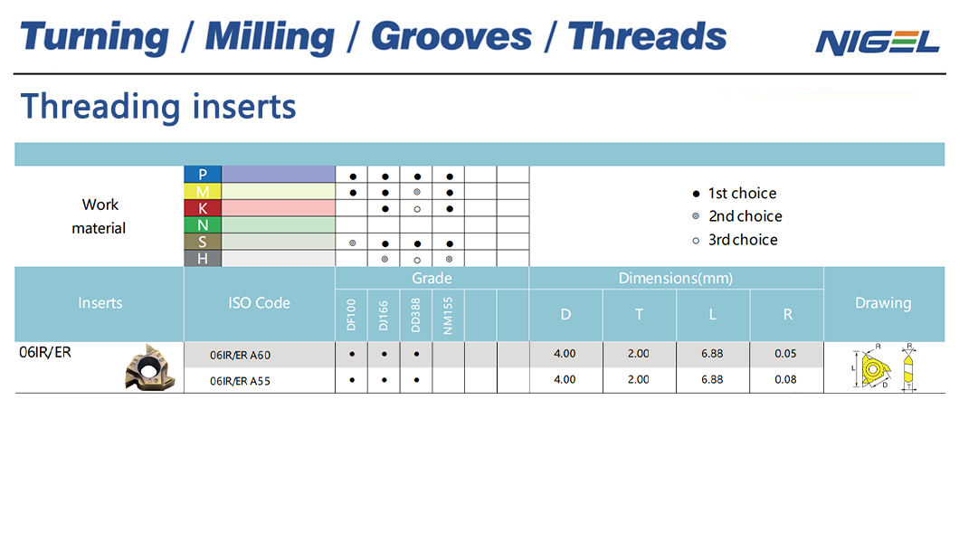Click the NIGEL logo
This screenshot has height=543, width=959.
pyautogui.click(x=877, y=43)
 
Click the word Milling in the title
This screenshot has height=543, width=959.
pyautogui.click(x=270, y=37)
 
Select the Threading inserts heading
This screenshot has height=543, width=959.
pyautogui.click(x=158, y=107)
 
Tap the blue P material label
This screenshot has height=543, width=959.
pyautogui.click(x=203, y=175)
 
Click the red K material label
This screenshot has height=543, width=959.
pyautogui.click(x=203, y=208)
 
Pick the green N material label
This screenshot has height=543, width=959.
pyautogui.click(x=203, y=225)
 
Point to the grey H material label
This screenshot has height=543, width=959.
pyautogui.click(x=203, y=259)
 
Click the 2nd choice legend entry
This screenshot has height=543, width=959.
pyautogui.click(x=737, y=216)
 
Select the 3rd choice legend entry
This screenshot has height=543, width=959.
pyautogui.click(x=736, y=240)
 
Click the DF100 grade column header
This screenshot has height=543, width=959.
pyautogui.click(x=351, y=315)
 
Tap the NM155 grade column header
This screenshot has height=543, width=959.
pyautogui.click(x=449, y=316)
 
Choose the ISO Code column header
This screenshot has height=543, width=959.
pyautogui.click(x=260, y=303)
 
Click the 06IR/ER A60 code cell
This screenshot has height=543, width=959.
pyautogui.click(x=240, y=356)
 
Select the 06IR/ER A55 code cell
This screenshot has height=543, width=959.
pyautogui.click(x=240, y=381)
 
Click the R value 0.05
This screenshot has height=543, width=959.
pyautogui.click(x=786, y=354)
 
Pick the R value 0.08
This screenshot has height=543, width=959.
pyautogui.click(x=786, y=379)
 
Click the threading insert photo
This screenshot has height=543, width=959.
pyautogui.click(x=150, y=367)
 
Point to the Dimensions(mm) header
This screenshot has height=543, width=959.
pyautogui.click(x=676, y=278)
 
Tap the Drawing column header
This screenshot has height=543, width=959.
pyautogui.click(x=883, y=303)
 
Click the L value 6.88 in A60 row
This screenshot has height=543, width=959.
pyautogui.click(x=712, y=354)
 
